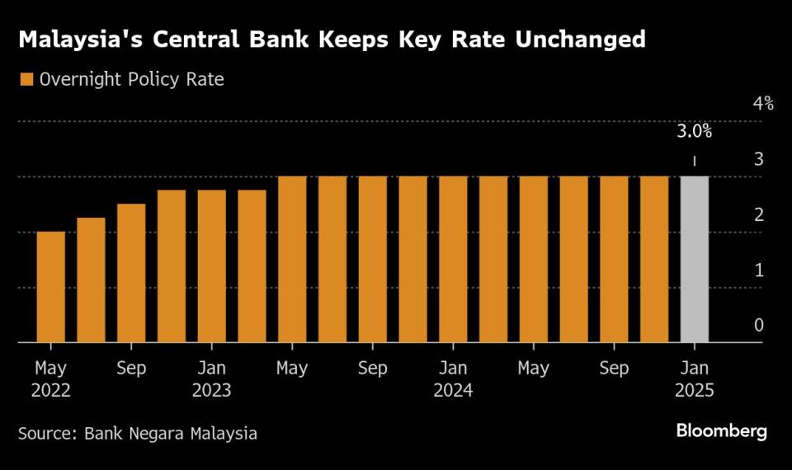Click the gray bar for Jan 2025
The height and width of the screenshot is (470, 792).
pyautogui.click(x=694, y=259)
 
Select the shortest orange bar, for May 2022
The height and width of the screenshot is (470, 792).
pyautogui.click(x=51, y=286)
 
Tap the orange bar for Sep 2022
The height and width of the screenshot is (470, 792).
pyautogui.click(x=131, y=272)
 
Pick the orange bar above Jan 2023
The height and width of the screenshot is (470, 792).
pyautogui.click(x=212, y=266)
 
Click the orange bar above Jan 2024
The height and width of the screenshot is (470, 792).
pyautogui.click(x=453, y=259)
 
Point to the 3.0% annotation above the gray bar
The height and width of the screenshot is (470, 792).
pyautogui.click(x=694, y=131)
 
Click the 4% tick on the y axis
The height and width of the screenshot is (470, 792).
pyautogui.click(x=762, y=104)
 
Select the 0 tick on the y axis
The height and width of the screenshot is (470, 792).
pyautogui.click(x=758, y=326)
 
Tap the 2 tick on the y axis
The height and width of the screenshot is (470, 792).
pyautogui.click(x=758, y=214)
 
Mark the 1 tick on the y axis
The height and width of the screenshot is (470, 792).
pyautogui.click(x=758, y=270)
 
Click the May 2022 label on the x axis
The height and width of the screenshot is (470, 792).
pyautogui.click(x=51, y=378)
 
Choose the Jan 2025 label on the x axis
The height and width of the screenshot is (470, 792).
pyautogui.click(x=694, y=378)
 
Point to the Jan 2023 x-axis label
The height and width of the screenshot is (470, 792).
pyautogui.click(x=212, y=378)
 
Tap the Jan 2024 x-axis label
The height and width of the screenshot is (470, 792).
pyautogui.click(x=453, y=378)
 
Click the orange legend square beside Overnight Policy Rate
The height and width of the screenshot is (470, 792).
pyautogui.click(x=26, y=80)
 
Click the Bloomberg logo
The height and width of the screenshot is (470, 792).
pyautogui.click(x=721, y=430)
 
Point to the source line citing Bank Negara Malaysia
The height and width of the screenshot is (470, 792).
pyautogui.click(x=138, y=432)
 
